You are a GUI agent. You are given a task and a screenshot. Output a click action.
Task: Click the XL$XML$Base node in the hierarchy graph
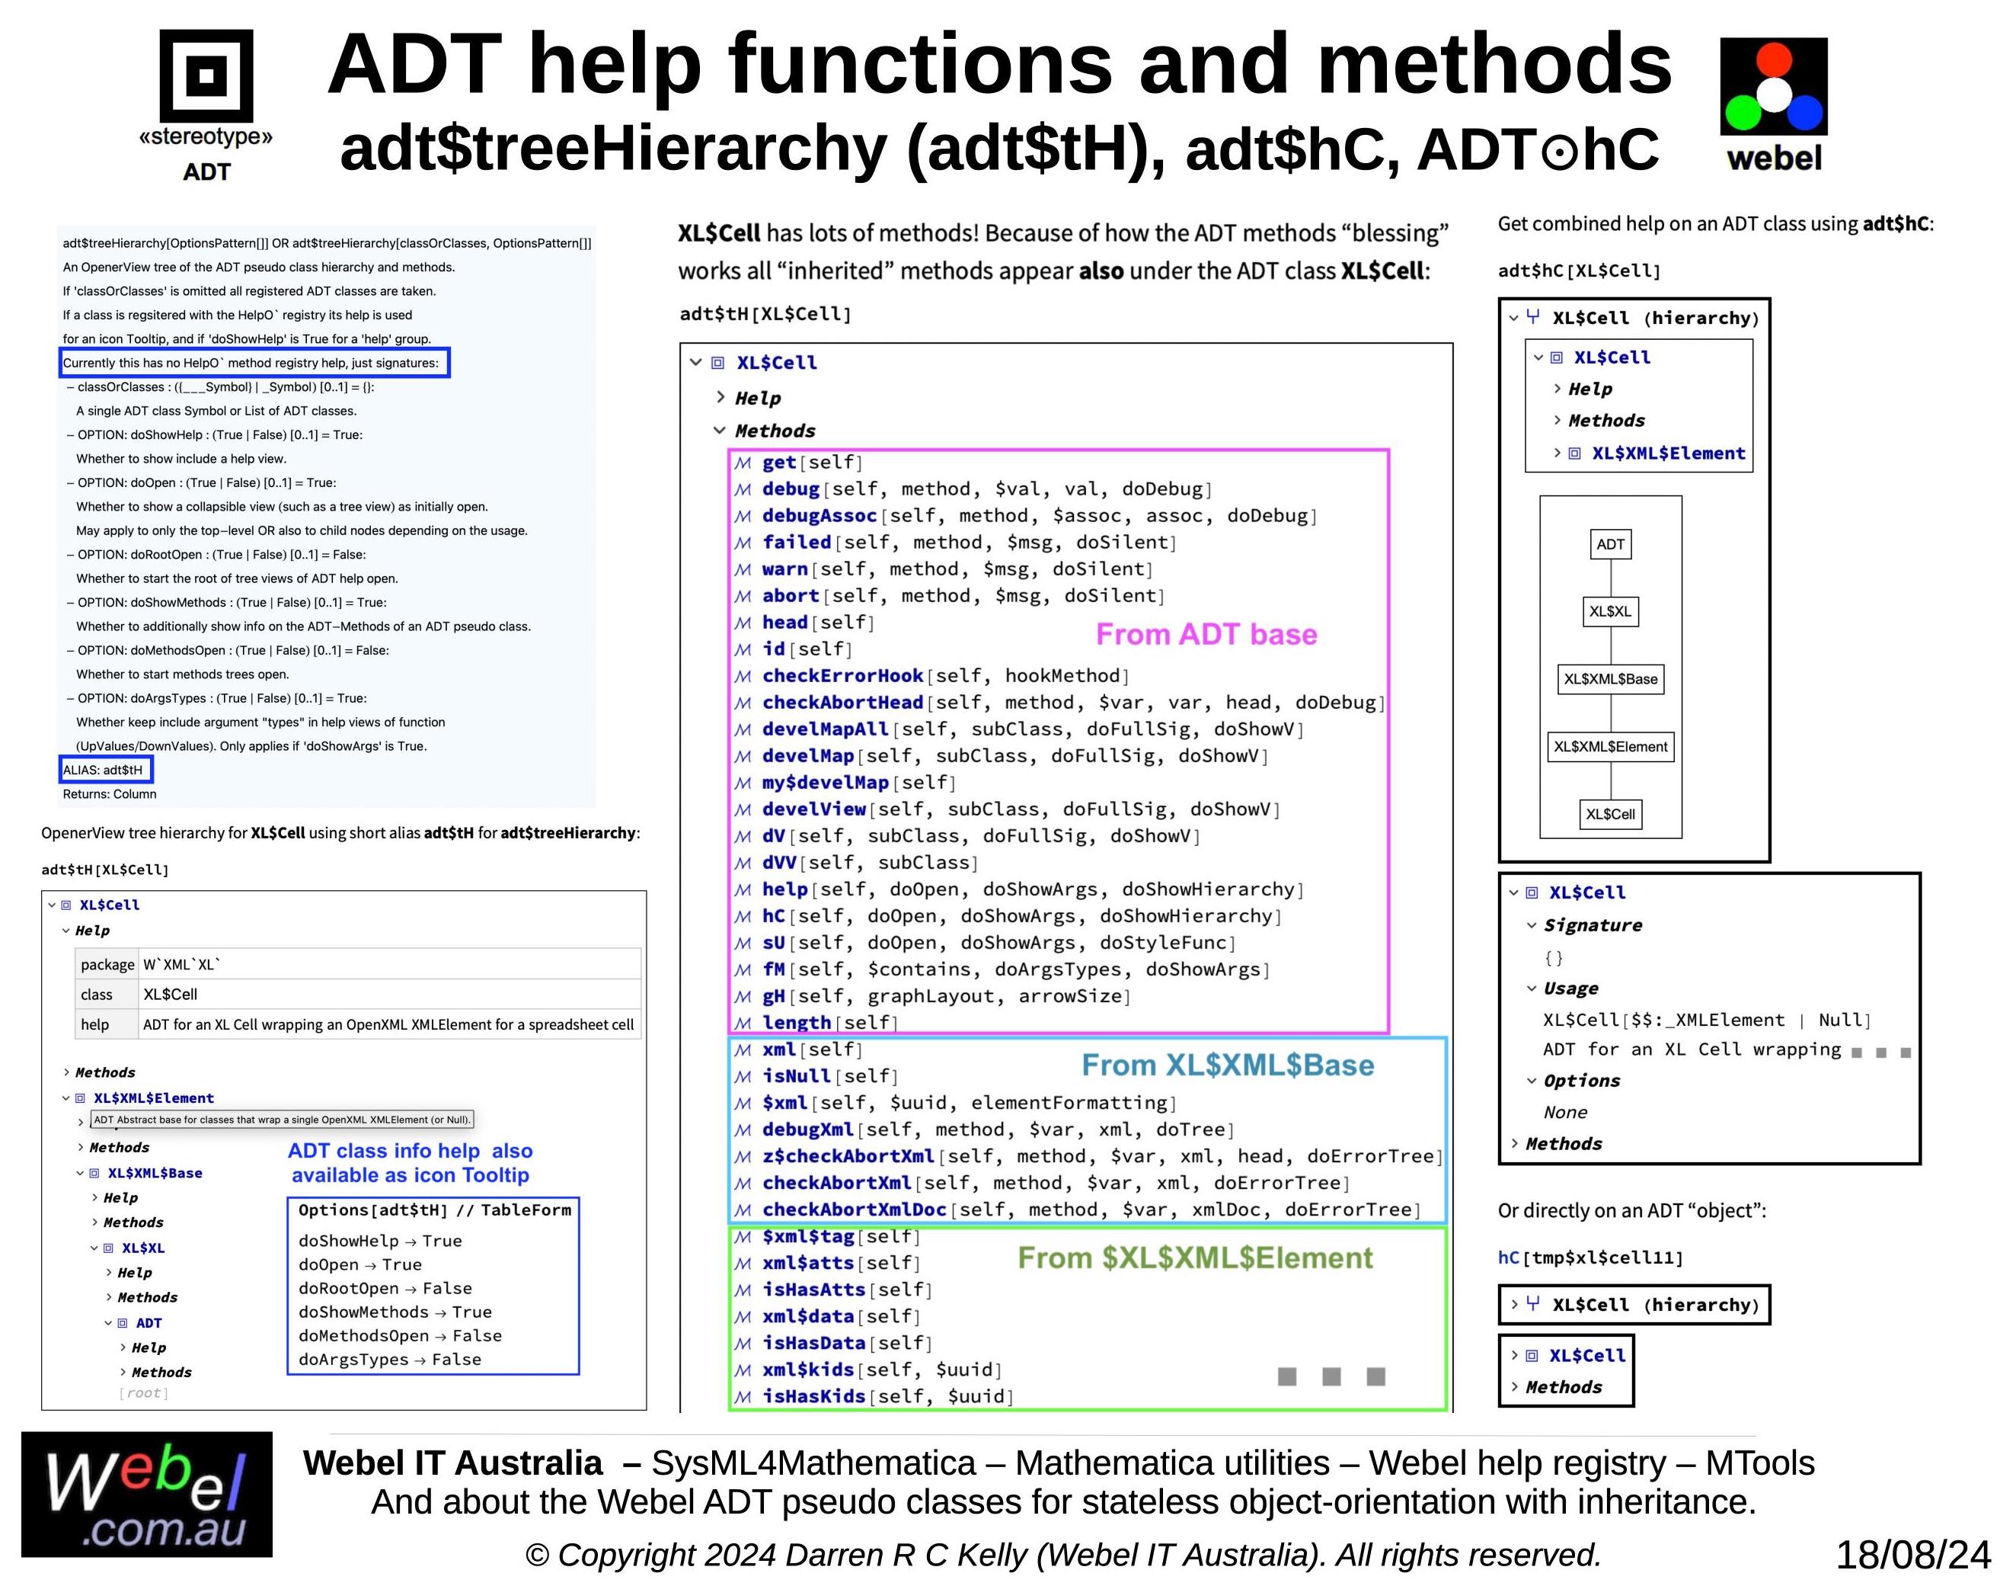tap(1609, 678)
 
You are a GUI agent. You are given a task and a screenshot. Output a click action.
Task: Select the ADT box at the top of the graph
tap(1609, 544)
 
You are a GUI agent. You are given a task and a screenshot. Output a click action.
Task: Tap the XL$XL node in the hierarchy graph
tap(1609, 610)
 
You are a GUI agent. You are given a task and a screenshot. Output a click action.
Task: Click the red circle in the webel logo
tap(1773, 59)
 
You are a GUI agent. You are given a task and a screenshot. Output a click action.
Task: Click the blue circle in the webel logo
tap(1804, 114)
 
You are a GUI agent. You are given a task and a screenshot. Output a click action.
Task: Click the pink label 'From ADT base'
tap(1206, 634)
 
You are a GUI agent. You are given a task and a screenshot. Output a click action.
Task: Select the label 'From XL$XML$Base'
tap(1227, 1065)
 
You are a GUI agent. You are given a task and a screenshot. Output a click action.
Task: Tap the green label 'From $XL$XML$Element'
tap(1194, 1258)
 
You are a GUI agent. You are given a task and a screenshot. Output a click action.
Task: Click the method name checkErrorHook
tap(842, 675)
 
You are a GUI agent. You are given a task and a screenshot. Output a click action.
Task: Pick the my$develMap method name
tap(825, 782)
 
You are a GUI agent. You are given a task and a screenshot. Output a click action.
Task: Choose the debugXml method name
tap(807, 1129)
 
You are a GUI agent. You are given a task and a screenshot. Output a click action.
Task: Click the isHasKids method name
tap(813, 1395)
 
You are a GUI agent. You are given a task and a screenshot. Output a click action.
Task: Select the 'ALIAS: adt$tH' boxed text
tap(104, 769)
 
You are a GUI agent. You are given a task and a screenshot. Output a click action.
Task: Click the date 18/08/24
tap(1913, 1555)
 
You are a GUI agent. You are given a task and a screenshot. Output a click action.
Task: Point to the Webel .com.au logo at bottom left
tap(146, 1494)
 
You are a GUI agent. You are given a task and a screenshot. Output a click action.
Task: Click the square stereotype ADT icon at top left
tap(206, 75)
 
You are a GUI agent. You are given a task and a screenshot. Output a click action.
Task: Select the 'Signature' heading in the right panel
tap(1592, 924)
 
